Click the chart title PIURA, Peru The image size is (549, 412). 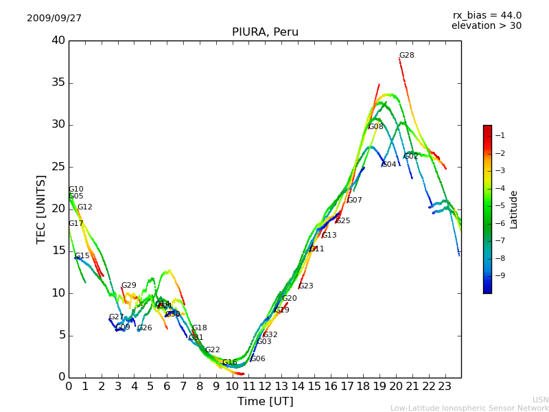(265, 32)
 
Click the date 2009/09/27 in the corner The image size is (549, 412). (54, 19)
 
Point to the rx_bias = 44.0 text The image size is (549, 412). (487, 16)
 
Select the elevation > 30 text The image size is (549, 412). (486, 26)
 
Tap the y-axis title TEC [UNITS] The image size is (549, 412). (42, 209)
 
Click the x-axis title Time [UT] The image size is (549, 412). (265, 402)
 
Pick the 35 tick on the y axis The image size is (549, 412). (58, 83)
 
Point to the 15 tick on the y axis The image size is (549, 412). (58, 251)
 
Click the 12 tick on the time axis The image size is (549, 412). (265, 387)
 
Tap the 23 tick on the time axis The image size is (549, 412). (445, 387)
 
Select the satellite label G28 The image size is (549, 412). (407, 56)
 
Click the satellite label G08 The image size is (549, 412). (376, 127)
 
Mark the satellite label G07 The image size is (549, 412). (355, 201)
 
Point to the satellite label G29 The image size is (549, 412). (129, 286)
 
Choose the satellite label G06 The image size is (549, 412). (258, 359)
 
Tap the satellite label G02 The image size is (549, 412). (411, 157)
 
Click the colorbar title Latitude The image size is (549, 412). (514, 209)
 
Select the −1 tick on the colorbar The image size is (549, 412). (501, 136)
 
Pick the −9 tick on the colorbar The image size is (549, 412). (501, 276)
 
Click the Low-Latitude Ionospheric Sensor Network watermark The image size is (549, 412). (469, 409)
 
